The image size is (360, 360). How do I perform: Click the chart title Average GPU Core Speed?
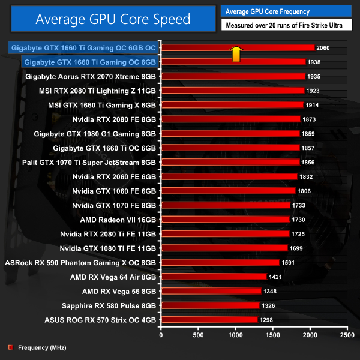coord(113,19)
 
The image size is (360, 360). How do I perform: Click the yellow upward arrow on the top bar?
coord(236,53)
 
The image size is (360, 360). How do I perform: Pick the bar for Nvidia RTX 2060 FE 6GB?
coord(229,176)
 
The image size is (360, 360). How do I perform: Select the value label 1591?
coord(289,262)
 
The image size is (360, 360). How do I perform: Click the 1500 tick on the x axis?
coord(273,335)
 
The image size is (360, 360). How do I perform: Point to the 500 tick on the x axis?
coord(198,335)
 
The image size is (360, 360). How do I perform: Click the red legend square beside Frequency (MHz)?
coord(10,347)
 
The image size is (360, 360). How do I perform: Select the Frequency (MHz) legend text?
coord(42,347)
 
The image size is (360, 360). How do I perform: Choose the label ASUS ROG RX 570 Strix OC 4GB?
coord(100,320)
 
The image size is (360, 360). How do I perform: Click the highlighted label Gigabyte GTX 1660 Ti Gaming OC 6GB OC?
coord(83,47)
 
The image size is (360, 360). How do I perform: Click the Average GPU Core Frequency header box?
coord(285,11)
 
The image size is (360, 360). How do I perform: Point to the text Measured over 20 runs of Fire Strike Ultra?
coord(285,25)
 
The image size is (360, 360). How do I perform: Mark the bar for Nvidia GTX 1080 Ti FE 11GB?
coord(224,248)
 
